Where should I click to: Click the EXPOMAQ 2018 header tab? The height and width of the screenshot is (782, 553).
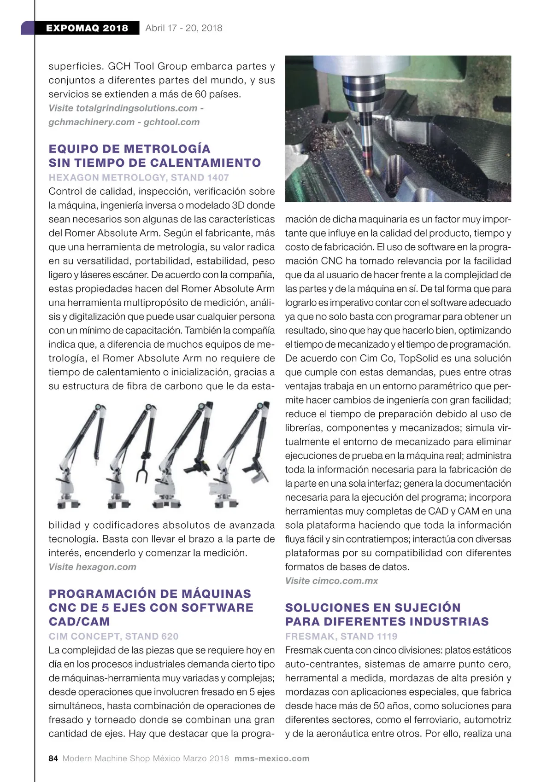(x=87, y=28)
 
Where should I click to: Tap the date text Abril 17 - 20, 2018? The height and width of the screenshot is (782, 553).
(x=183, y=28)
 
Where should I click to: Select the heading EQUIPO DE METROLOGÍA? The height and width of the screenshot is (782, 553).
(x=129, y=149)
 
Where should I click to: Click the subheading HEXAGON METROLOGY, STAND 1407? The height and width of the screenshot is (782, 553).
(x=138, y=177)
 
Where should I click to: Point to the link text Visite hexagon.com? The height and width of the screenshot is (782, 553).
(x=92, y=567)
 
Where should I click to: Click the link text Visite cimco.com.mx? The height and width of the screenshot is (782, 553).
(x=331, y=581)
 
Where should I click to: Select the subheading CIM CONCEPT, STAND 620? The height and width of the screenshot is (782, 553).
(x=113, y=636)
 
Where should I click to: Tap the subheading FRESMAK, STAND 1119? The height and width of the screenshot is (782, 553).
(x=341, y=636)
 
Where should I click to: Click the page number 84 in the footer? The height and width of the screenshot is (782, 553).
(x=53, y=759)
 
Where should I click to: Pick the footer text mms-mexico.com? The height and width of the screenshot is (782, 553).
(x=272, y=759)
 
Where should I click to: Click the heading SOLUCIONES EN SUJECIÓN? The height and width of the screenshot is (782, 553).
(x=373, y=607)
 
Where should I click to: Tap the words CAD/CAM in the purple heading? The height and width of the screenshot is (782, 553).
(x=79, y=622)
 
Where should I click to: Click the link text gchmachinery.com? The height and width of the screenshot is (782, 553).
(x=91, y=122)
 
